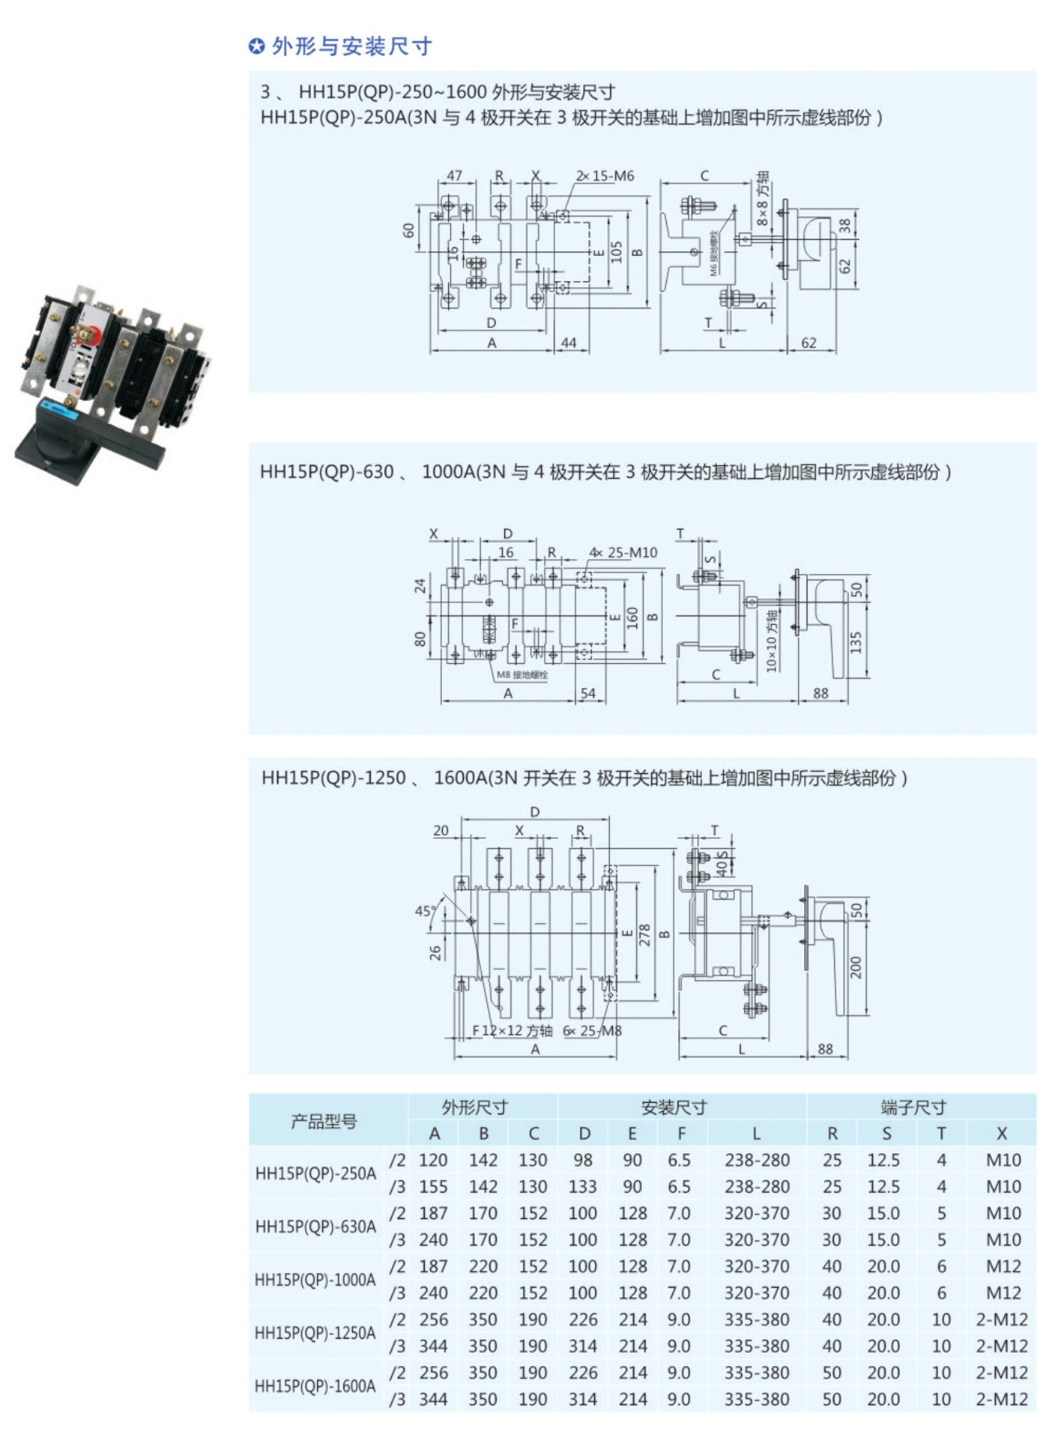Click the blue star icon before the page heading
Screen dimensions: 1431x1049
tap(256, 46)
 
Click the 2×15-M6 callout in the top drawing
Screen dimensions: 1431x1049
tap(605, 176)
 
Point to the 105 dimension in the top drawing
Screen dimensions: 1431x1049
tap(616, 252)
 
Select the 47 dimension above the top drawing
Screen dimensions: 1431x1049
tap(454, 175)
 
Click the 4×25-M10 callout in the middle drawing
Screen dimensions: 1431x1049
tap(623, 553)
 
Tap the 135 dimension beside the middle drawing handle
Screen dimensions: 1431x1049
tap(856, 642)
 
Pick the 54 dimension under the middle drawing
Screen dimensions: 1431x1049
tap(588, 693)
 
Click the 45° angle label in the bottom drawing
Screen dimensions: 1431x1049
tap(425, 911)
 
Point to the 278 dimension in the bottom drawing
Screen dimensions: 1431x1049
tap(644, 935)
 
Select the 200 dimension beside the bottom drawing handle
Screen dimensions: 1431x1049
tap(856, 967)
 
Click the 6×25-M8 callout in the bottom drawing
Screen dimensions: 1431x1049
tap(592, 1031)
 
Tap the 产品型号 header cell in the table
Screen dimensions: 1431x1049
tap(324, 1121)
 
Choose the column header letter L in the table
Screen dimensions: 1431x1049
tap(756, 1134)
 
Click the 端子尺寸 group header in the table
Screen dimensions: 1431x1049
tap(913, 1107)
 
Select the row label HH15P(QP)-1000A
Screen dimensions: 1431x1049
tap(315, 1280)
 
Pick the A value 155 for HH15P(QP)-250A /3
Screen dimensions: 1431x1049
tap(433, 1187)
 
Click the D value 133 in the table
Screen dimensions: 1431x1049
tap(583, 1187)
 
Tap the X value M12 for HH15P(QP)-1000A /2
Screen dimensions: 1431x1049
tap(1003, 1267)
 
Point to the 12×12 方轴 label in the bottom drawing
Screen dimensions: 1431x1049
tap(517, 1031)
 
